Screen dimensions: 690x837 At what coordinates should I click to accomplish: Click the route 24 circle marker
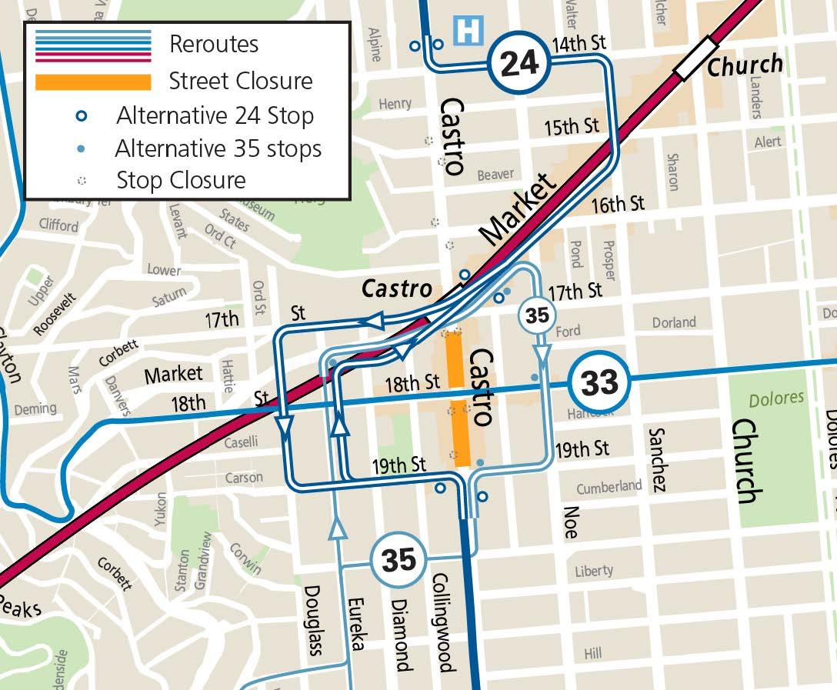tap(519, 62)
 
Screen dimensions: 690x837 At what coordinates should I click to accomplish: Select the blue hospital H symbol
tap(469, 32)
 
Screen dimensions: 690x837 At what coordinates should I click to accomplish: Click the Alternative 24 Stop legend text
tap(215, 116)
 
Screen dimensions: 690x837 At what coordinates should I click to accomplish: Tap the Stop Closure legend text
tap(181, 181)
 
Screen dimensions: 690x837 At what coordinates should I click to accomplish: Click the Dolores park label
tap(777, 398)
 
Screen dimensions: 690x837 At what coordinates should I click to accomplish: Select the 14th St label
tap(579, 44)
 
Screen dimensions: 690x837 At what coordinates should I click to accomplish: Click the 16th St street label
tap(618, 205)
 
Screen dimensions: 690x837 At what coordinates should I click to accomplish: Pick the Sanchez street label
tap(657, 459)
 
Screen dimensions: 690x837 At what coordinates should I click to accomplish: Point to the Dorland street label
tap(673, 322)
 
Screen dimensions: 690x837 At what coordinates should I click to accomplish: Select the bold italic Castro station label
tap(397, 289)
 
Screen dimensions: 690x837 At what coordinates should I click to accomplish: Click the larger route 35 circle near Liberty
tap(398, 559)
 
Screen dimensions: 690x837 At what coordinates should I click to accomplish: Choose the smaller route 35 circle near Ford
tap(538, 315)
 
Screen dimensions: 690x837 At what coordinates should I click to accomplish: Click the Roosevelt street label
tap(55, 315)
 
